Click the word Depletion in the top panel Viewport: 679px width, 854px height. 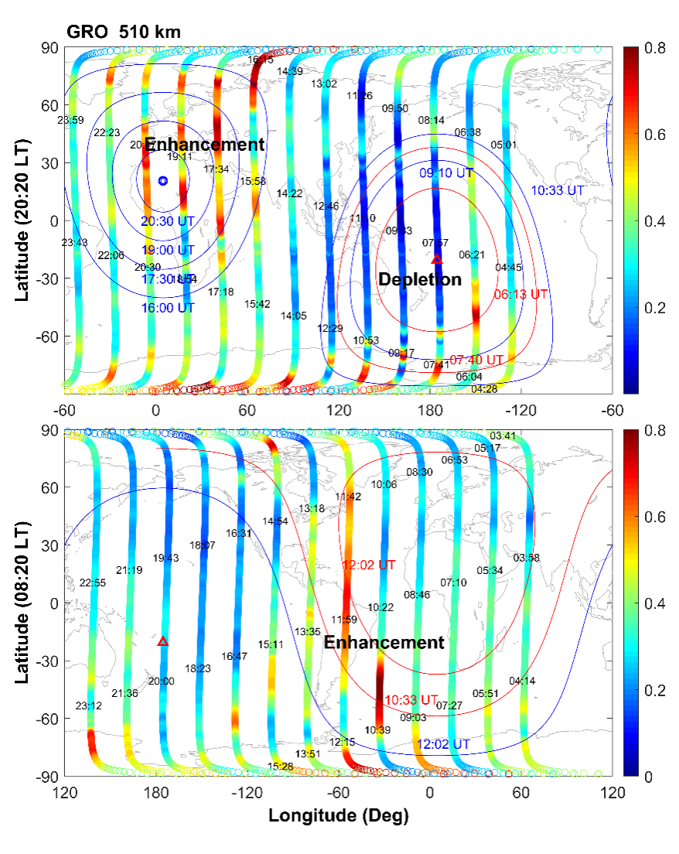pos(419,280)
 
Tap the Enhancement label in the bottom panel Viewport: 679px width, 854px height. pos(384,643)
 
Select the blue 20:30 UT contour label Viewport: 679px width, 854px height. pos(167,221)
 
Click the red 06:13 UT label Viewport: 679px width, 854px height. pos(521,295)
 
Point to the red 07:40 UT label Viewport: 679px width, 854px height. pos(476,360)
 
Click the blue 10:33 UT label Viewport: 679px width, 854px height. pos(558,190)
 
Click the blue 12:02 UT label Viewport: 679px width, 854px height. pos(443,744)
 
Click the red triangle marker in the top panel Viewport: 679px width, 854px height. pos(436,259)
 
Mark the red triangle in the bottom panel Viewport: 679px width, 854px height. pos(163,641)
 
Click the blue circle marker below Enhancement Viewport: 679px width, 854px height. pos(162,180)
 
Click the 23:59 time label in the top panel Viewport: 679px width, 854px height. pos(71,120)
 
